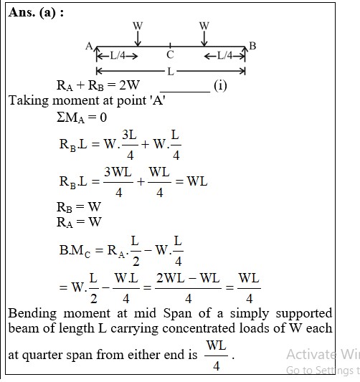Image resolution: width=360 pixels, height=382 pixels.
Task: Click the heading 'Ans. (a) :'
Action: click(36, 12)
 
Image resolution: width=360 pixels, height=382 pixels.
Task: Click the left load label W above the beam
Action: click(138, 26)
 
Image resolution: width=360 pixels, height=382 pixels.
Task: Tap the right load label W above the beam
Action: click(204, 26)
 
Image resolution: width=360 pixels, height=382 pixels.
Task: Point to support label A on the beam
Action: click(89, 46)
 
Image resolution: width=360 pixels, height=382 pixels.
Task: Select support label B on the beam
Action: click(252, 46)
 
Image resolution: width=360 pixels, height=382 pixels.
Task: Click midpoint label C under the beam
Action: click(170, 54)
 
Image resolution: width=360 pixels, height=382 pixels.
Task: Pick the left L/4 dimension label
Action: click(118, 56)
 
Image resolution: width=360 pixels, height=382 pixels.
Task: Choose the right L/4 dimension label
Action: click(224, 56)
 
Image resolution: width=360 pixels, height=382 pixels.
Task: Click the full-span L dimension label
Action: click(171, 72)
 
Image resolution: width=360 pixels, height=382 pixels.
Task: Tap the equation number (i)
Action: click(220, 86)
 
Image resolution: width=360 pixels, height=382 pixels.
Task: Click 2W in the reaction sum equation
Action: click(129, 85)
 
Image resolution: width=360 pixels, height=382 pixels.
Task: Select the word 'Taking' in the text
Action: click(29, 100)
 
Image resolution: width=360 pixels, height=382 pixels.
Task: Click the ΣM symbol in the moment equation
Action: click(70, 118)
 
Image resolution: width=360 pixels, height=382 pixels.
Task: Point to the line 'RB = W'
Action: click(79, 207)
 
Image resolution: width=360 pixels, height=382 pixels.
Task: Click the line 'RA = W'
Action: click(79, 222)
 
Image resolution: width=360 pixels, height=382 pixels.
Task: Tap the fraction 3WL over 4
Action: click(118, 182)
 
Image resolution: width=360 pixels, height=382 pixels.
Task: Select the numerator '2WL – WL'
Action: click(188, 278)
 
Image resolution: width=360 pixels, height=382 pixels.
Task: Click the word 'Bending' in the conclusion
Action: click(32, 313)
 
